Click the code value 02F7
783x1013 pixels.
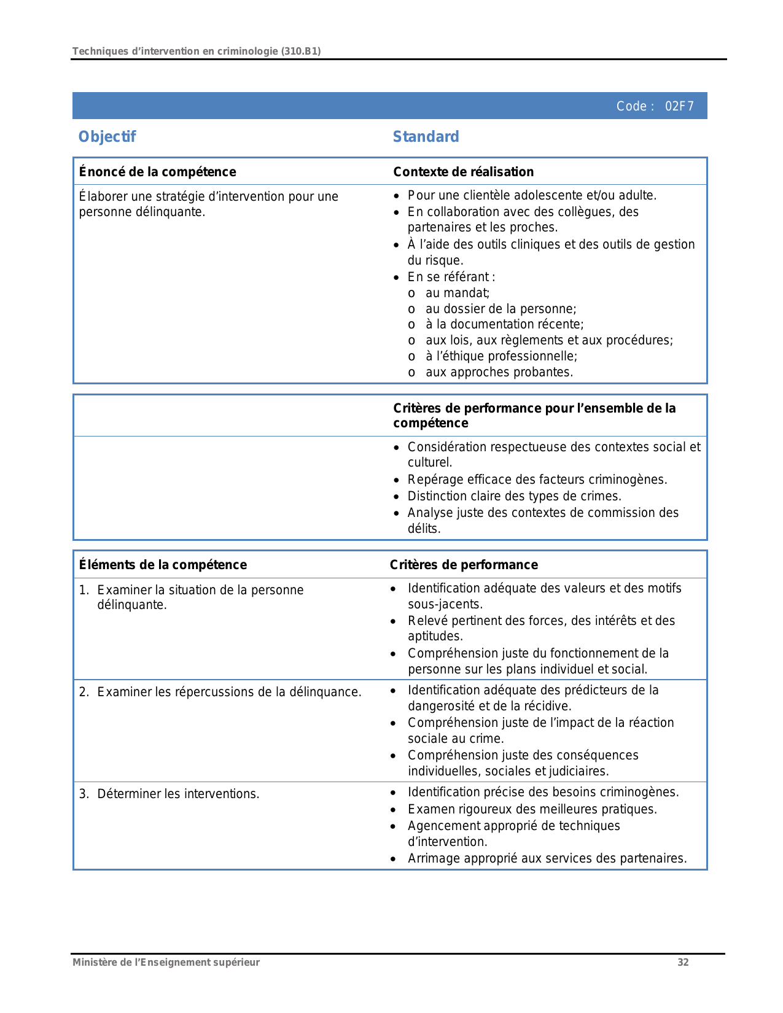point(679,106)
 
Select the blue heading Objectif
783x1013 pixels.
point(107,136)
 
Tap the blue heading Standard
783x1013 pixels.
point(426,136)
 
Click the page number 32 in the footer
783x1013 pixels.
point(683,962)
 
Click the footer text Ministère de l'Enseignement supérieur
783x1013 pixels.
point(166,962)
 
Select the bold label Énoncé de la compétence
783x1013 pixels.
point(157,172)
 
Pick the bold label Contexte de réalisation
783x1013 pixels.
point(463,172)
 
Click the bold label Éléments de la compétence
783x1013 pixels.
point(163,565)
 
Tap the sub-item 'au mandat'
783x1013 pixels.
point(457,293)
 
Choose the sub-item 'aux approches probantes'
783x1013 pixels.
point(499,372)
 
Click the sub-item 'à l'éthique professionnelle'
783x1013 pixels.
point(501,356)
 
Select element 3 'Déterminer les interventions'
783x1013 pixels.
point(178,794)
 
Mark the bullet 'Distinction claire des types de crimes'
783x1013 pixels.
point(514,496)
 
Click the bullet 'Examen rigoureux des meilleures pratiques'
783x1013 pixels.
point(532,809)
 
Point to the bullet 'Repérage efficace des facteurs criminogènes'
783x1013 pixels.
point(537,479)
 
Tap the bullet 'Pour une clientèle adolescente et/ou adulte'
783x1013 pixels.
point(532,195)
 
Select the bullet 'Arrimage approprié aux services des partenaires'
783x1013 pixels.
point(547,858)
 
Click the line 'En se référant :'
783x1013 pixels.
point(451,277)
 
